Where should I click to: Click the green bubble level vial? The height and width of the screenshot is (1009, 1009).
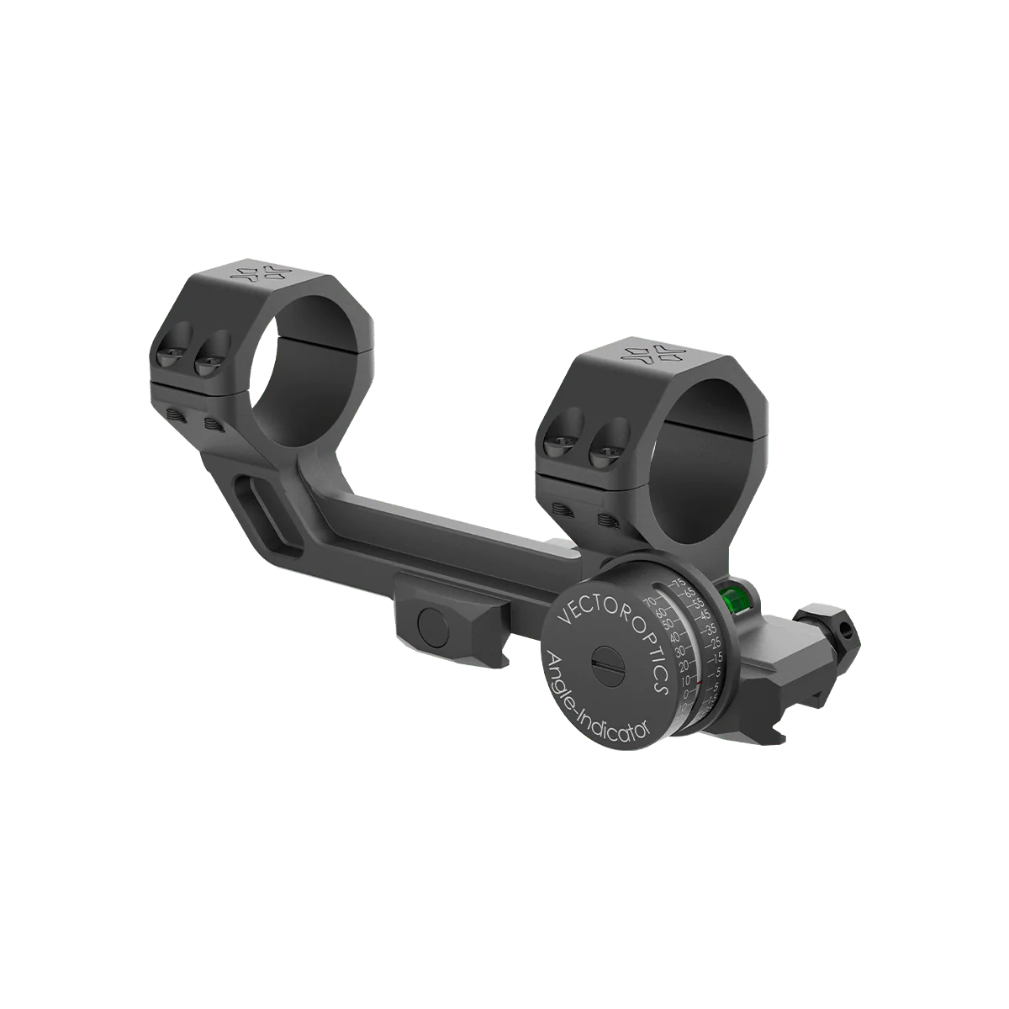[x=732, y=600]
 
